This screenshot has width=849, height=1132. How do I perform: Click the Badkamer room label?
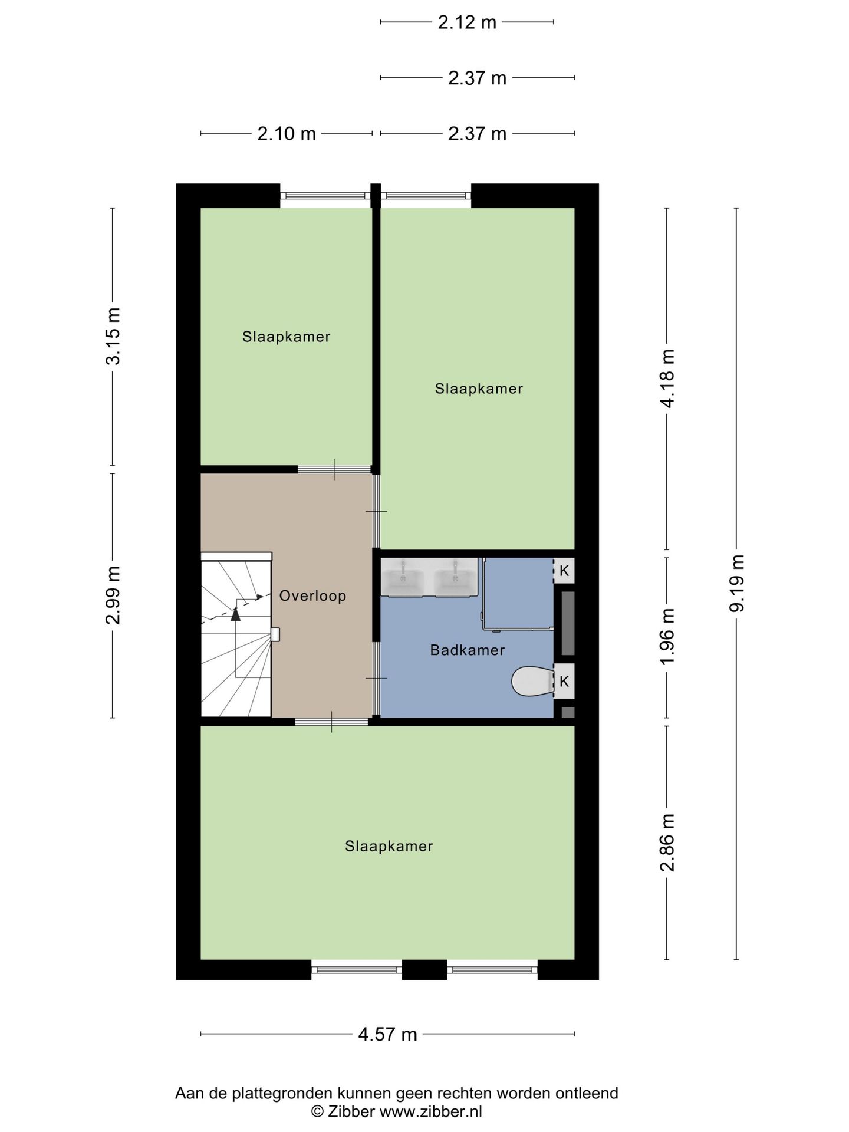(x=467, y=650)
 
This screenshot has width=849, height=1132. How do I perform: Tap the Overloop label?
(x=312, y=596)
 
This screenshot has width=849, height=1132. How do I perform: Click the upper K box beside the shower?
(x=564, y=571)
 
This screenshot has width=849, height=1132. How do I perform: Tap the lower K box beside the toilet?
(x=564, y=682)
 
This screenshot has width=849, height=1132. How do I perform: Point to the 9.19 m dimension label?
(x=737, y=584)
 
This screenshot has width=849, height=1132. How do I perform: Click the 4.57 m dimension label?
(x=387, y=1034)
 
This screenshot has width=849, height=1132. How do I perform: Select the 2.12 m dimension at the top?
(x=467, y=22)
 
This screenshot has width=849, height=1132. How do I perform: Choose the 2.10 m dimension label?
(x=287, y=134)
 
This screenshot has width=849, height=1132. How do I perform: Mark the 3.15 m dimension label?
(x=113, y=336)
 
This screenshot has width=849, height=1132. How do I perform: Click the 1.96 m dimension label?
(x=667, y=637)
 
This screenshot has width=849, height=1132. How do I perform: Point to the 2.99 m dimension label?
(x=113, y=595)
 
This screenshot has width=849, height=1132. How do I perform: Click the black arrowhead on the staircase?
(x=236, y=614)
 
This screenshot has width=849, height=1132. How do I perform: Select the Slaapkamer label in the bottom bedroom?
(x=389, y=847)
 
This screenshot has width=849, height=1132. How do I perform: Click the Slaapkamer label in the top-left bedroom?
(x=287, y=337)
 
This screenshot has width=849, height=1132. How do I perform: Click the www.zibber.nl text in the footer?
(x=430, y=1112)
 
